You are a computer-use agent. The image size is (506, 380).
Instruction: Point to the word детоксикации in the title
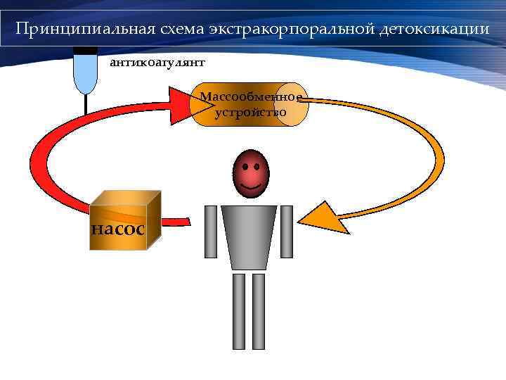434,30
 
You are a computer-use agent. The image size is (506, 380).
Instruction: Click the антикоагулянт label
156,63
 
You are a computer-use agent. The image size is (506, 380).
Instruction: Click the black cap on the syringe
85,50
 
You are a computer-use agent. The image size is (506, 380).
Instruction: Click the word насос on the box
118,228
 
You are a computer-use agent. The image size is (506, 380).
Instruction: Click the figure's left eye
244,167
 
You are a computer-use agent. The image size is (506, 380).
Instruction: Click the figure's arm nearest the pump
211,232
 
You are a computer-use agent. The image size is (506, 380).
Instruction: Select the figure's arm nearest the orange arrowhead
287,232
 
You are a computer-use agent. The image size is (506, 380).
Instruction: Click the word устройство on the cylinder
250,111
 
